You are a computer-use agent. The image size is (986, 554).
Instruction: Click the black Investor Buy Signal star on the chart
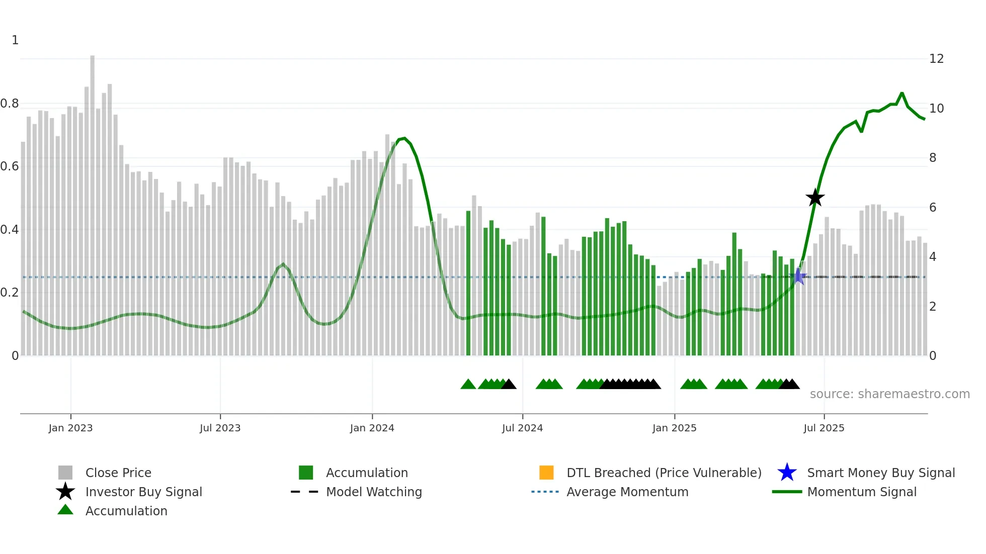[815, 198]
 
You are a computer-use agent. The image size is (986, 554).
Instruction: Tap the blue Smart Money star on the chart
[798, 276]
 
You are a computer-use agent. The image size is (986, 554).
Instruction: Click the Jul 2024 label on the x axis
[522, 428]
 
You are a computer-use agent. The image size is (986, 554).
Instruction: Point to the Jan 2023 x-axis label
[70, 428]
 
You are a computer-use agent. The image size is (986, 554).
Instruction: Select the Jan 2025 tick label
[674, 428]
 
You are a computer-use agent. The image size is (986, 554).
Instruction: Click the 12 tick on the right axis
[936, 59]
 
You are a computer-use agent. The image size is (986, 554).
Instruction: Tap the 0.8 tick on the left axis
[10, 104]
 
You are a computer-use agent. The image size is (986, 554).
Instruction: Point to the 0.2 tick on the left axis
[10, 293]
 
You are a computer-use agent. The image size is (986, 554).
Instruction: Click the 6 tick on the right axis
[933, 208]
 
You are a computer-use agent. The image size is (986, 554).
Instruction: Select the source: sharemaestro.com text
[889, 394]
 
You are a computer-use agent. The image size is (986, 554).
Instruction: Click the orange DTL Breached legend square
[546, 473]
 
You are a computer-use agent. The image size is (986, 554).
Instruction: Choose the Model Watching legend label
[374, 492]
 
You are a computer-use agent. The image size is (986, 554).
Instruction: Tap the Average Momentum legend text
[627, 492]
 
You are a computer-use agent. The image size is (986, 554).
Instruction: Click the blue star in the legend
[787, 473]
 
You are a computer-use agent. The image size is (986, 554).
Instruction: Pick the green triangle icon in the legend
[65, 510]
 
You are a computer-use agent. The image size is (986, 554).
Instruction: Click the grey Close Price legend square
[65, 473]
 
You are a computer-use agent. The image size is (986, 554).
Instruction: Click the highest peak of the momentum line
[902, 94]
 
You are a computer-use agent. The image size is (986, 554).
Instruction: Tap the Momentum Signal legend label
[862, 492]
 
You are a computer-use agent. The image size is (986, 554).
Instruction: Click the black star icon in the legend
[65, 492]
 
